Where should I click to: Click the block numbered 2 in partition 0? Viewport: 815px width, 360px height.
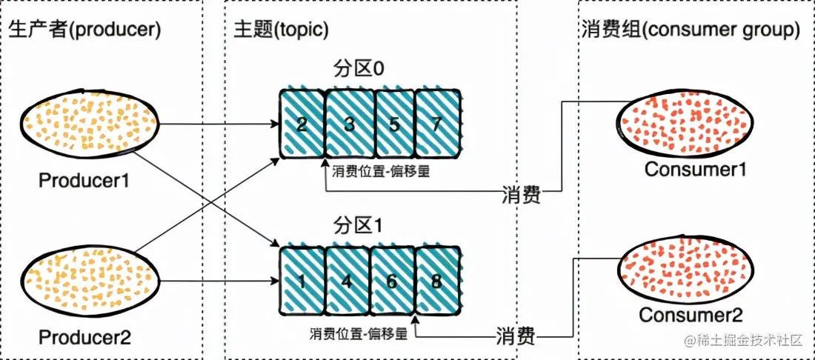pyautogui.click(x=302, y=124)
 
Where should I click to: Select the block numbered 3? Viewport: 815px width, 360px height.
pyautogui.click(x=348, y=124)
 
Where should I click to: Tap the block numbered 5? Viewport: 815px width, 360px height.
pyautogui.click(x=393, y=124)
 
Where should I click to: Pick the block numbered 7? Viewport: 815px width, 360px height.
pyautogui.click(x=438, y=124)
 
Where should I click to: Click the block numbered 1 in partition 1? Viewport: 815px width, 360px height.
pyautogui.click(x=302, y=281)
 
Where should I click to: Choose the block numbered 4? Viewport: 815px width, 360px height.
pyautogui.click(x=348, y=281)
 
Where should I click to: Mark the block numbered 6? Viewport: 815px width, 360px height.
pyautogui.click(x=393, y=281)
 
